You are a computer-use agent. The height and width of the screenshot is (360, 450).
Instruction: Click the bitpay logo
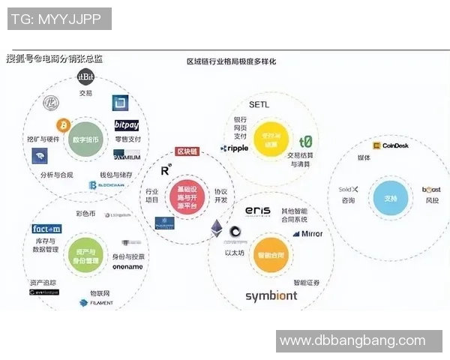(x=127, y=124)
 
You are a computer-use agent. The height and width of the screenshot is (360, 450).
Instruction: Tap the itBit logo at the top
(x=85, y=77)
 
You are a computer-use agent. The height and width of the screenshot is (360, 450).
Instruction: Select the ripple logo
(x=234, y=148)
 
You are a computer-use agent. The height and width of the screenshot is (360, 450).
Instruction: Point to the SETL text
(x=259, y=104)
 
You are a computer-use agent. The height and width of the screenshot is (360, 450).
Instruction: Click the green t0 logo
(x=305, y=141)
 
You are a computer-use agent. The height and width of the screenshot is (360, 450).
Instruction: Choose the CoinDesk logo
(x=389, y=145)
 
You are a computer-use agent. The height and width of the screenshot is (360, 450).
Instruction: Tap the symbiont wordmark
(x=271, y=295)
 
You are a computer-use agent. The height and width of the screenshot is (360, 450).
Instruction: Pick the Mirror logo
(x=307, y=234)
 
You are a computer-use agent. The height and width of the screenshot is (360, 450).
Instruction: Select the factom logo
(x=46, y=229)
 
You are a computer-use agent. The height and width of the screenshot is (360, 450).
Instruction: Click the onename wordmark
(x=127, y=266)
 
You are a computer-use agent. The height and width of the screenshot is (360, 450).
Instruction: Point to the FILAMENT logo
(x=97, y=303)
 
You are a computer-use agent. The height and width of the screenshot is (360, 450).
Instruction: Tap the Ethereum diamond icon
(x=217, y=228)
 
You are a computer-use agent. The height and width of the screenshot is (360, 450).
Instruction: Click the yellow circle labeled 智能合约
(x=270, y=254)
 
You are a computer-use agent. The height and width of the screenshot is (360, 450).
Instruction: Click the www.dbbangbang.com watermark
(x=352, y=340)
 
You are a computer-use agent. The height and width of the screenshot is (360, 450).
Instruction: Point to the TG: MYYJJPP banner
(x=58, y=19)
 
